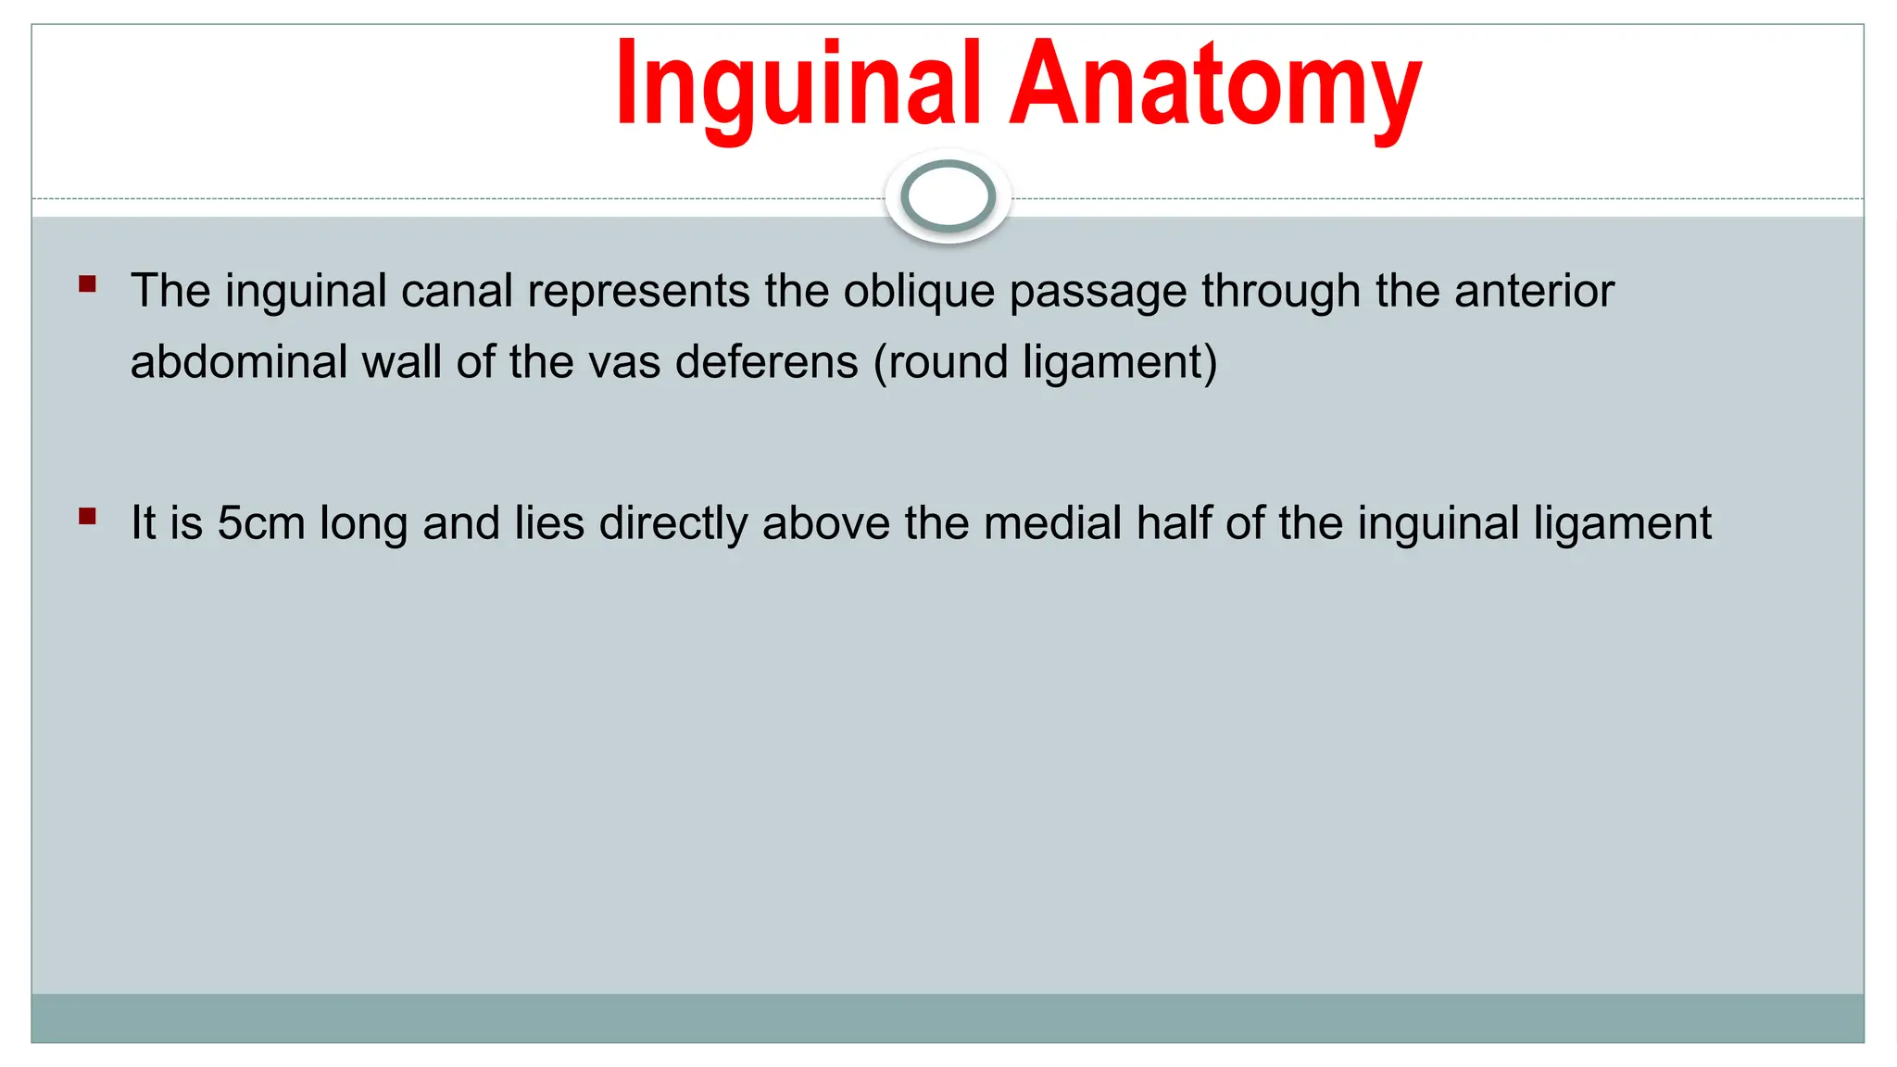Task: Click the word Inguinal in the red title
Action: (x=798, y=85)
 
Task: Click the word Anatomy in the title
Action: (x=1215, y=85)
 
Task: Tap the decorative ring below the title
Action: (x=948, y=196)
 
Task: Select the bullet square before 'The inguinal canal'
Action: (x=88, y=283)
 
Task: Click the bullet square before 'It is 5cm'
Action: (x=88, y=516)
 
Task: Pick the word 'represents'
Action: (x=638, y=292)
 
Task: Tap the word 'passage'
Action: (x=1098, y=292)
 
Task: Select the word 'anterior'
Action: (x=1534, y=292)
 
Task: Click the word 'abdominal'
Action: (x=238, y=361)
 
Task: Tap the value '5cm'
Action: (x=260, y=523)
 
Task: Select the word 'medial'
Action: (x=1052, y=523)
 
